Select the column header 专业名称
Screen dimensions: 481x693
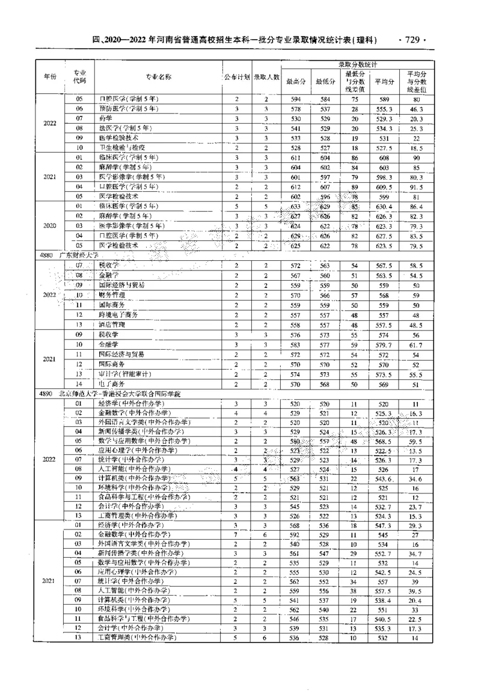click(159, 77)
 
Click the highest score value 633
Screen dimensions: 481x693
click(295, 206)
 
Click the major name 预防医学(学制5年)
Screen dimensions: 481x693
click(127, 109)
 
